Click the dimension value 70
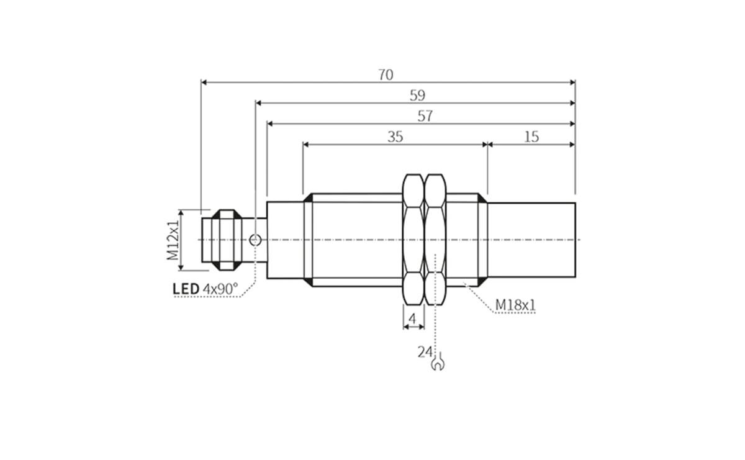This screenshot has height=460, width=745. pos(386,74)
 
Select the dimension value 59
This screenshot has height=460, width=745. pos(417,96)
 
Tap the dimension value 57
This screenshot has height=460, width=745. pos(425,116)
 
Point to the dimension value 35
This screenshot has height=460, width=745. pos(395,137)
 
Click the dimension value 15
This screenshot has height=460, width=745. pos(531,137)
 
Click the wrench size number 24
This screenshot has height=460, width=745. pos(425,352)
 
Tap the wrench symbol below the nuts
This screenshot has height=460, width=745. pos(438,362)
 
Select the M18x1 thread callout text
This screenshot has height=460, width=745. pos(515,305)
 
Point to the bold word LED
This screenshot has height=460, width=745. pos(186,289)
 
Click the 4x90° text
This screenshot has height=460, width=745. pos(220,289)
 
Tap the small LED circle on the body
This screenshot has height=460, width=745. pos(255,240)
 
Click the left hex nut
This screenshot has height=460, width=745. pos(413,240)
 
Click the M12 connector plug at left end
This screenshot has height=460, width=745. pos(221,240)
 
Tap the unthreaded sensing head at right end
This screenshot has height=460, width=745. pos(531,240)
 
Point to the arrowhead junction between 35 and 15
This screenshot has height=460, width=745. pos(487,145)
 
